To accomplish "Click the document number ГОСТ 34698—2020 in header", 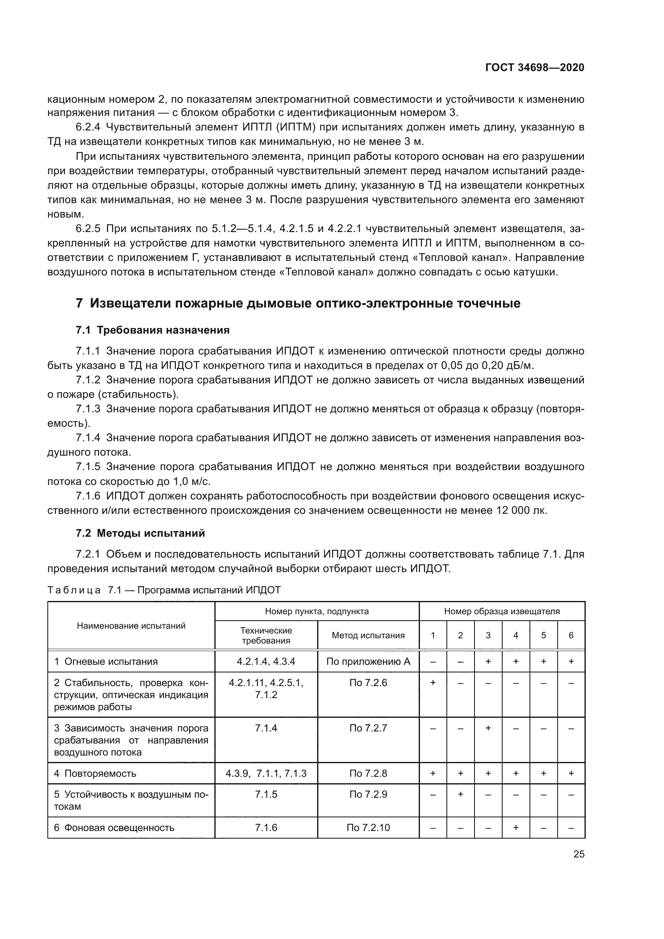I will click(535, 67).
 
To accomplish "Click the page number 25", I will click(578, 854).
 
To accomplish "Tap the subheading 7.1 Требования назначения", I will click(153, 330).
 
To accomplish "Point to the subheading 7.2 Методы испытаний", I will click(140, 533).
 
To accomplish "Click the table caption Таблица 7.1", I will click(163, 590).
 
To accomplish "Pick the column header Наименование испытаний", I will click(131, 626).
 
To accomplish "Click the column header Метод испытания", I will click(368, 636).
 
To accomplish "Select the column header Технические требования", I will click(266, 636).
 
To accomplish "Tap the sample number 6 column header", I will click(571, 636).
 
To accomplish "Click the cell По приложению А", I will click(368, 662).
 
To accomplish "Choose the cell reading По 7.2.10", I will click(368, 828).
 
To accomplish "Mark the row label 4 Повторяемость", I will click(95, 773).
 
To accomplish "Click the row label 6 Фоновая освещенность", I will click(114, 828).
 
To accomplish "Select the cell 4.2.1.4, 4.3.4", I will click(266, 662).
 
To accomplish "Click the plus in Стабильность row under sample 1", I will click(433, 682).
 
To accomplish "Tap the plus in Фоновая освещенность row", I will click(515, 828).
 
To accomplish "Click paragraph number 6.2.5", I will click(88, 228).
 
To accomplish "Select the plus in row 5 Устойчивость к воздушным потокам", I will click(460, 794).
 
